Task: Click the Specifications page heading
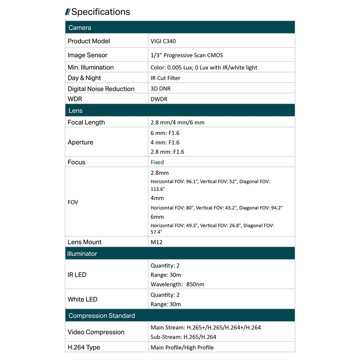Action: [x=100, y=12]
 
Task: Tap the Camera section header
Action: [x=79, y=28]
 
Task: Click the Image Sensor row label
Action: [x=87, y=55]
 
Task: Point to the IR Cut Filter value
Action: [x=165, y=78]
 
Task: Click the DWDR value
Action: [x=159, y=99]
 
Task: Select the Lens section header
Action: [x=75, y=111]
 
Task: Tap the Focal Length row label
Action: [x=86, y=123]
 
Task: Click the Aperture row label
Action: [x=80, y=142]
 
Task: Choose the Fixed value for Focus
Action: [x=157, y=162]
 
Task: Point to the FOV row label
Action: [x=73, y=202]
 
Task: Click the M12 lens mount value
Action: [x=156, y=242]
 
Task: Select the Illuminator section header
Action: [x=82, y=254]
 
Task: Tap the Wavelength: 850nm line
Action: [x=177, y=284]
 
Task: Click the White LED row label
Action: [x=82, y=299]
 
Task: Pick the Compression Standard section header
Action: [x=102, y=316]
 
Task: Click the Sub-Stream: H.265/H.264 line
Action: [x=183, y=337]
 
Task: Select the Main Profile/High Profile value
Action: [x=182, y=348]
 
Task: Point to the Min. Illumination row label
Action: [x=90, y=67]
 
